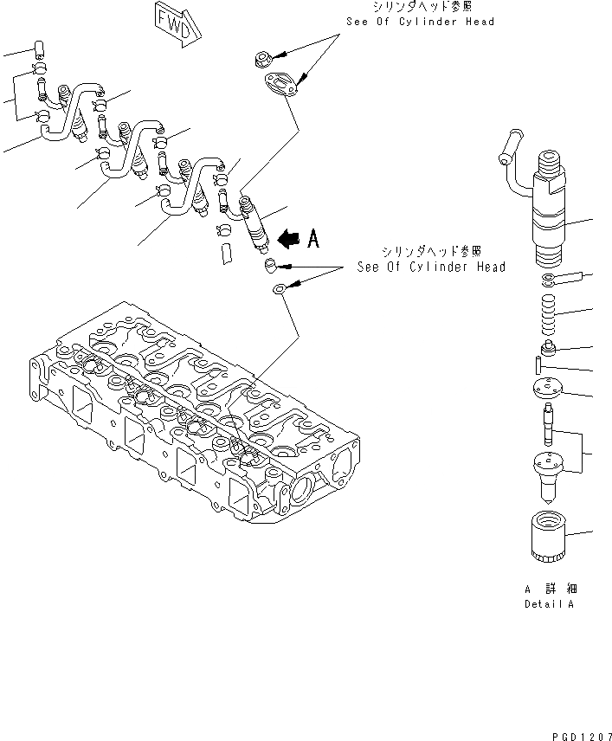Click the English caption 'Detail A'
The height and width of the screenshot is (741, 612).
click(548, 604)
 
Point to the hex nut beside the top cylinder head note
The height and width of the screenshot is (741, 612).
click(266, 60)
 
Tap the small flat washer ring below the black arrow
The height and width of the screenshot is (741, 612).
click(280, 289)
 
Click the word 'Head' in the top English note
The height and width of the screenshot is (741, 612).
click(477, 21)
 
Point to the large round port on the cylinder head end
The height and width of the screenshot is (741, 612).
click(306, 493)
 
